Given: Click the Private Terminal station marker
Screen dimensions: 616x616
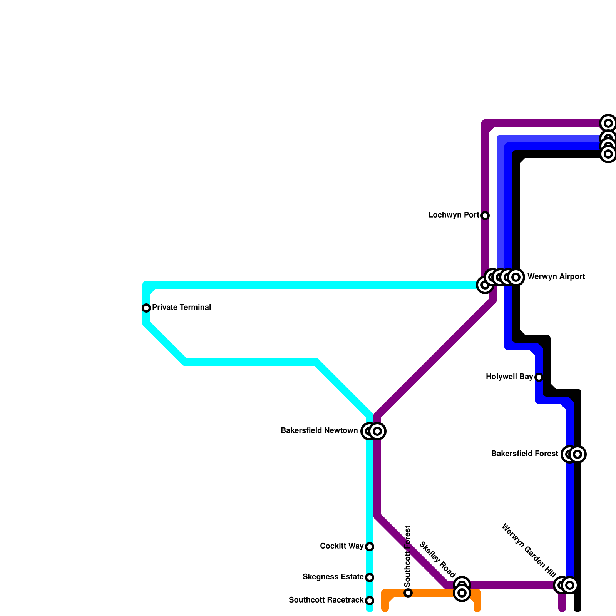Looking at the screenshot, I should tap(146, 308).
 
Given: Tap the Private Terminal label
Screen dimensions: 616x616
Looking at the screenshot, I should tap(181, 308).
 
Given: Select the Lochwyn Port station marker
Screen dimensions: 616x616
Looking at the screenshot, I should tap(485, 216).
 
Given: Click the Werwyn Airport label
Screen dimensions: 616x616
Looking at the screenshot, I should tap(556, 277).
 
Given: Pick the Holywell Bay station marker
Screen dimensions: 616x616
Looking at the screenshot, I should tap(539, 377).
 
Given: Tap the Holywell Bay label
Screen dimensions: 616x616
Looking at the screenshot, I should tap(509, 377).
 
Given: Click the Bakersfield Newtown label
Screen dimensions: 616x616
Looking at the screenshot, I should tap(319, 431).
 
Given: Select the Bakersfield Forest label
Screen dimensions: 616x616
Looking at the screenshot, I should tap(524, 454).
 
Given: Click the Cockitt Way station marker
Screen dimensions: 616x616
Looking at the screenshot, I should tap(370, 547).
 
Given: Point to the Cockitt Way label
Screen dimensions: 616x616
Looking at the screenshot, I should tap(341, 546).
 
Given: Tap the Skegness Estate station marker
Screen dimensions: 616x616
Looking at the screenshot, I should tap(370, 577).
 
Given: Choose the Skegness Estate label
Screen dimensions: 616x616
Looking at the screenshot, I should tap(333, 577).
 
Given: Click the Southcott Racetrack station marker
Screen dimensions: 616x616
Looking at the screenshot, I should tap(370, 601).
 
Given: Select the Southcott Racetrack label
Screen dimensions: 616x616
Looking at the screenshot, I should tap(326, 600).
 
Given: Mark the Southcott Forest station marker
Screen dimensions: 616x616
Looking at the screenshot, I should tap(408, 593).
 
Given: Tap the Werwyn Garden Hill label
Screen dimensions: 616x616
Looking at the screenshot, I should tap(529, 552).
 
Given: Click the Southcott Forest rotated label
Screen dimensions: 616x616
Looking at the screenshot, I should tap(408, 556).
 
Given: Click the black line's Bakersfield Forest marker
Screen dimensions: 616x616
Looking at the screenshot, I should tap(577, 454).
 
